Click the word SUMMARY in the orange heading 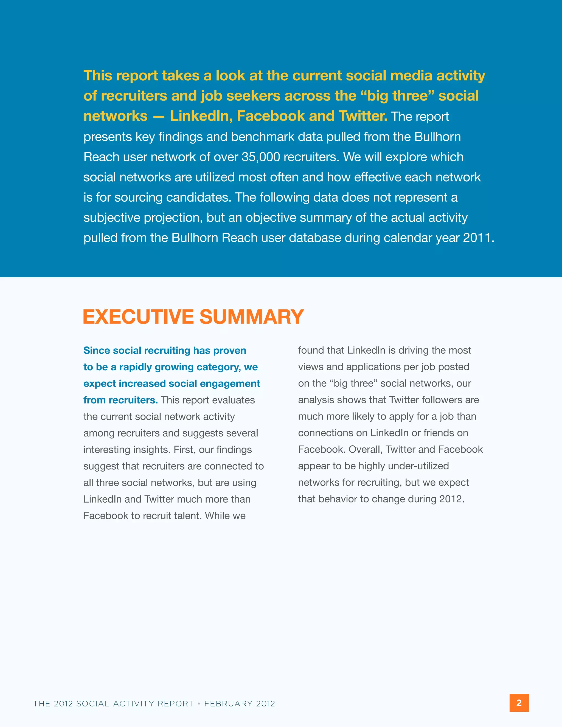tap(252, 317)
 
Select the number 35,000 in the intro tap(261, 157)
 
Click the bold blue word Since tap(97, 351)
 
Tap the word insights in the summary tap(151, 450)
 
